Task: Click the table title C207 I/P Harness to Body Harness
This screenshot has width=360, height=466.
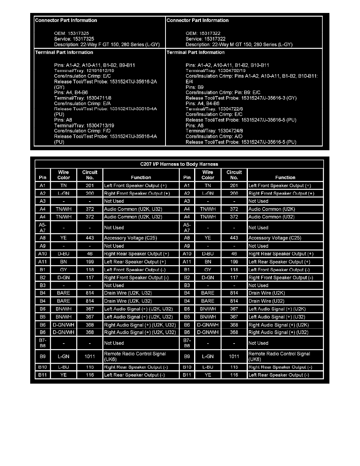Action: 180,164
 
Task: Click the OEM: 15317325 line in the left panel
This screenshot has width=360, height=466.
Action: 74,33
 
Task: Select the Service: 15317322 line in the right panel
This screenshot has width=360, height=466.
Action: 205,39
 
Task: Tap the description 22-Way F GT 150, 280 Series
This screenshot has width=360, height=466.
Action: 107,44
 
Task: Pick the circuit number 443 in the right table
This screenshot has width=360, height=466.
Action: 234,238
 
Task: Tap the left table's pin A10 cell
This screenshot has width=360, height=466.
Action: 43,254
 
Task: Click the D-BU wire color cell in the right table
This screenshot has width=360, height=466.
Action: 208,254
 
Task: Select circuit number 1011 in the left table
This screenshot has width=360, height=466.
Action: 90,356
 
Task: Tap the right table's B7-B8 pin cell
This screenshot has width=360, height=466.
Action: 187,343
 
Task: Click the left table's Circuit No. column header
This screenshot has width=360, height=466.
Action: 90,175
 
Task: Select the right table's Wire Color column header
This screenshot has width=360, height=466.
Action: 208,175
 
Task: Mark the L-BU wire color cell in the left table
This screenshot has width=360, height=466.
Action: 64,367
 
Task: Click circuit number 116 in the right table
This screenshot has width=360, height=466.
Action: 234,375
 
